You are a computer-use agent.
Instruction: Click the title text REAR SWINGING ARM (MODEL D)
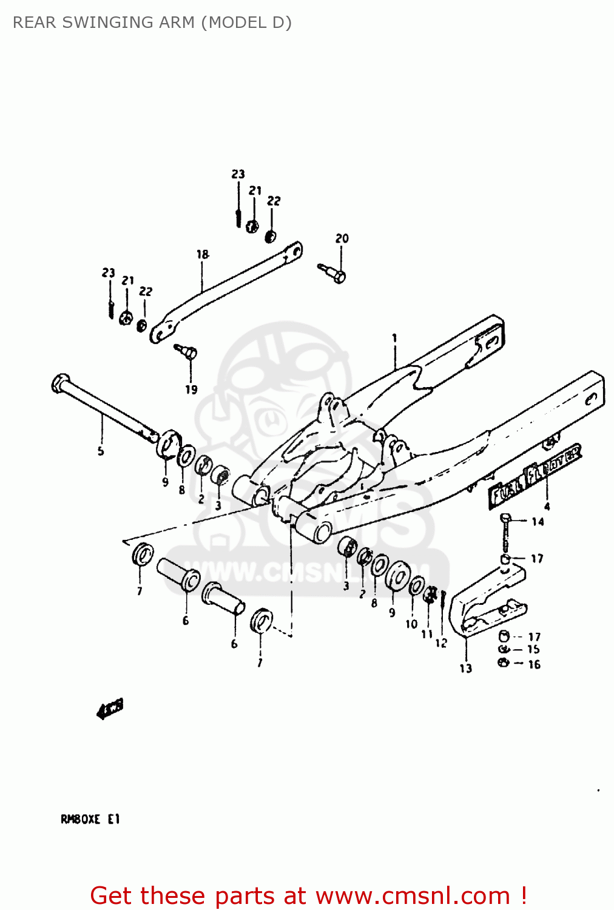coord(152,22)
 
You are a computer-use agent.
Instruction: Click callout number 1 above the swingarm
coord(394,338)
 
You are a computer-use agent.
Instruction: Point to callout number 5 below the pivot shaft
coord(101,451)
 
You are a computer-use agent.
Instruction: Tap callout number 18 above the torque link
coord(202,254)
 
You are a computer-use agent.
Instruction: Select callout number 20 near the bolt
coord(342,238)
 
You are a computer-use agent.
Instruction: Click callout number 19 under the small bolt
coord(191,389)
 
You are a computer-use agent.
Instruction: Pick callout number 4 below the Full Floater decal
coord(547,506)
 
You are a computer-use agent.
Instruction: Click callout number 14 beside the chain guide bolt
coord(538,522)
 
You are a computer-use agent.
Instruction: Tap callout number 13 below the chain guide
coord(465,668)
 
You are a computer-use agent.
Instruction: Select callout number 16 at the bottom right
coord(534,664)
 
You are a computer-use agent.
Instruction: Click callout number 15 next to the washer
coord(533,649)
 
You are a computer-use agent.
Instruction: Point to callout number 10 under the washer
coord(411,624)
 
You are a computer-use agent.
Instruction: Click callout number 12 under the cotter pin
coord(441,642)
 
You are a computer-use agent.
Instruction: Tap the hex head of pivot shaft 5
coord(59,383)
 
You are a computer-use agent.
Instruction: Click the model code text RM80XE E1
coord(90,819)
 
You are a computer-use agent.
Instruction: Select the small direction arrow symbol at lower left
coord(110,708)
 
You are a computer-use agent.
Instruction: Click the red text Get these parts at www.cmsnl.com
coord(308,895)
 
